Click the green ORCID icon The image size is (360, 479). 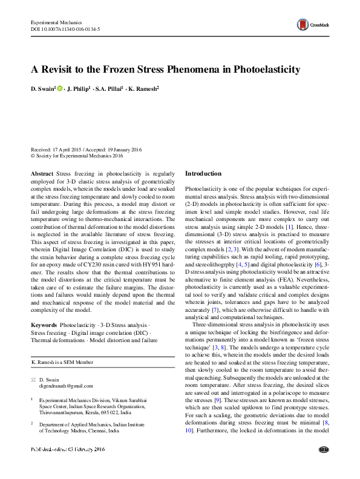point(61,89)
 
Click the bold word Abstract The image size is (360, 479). point(42,173)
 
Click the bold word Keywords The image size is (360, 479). point(44,325)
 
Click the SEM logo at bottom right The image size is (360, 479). point(322,467)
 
